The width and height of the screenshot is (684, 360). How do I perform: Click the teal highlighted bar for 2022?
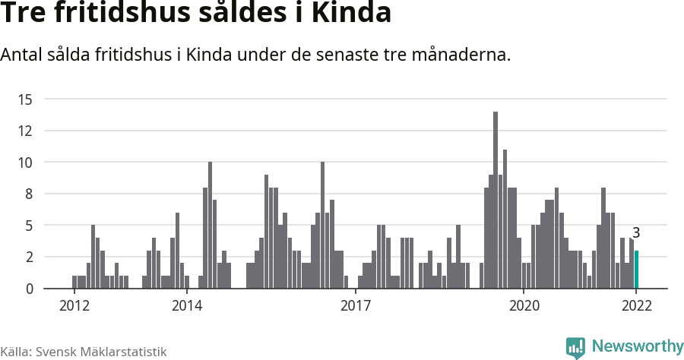pyautogui.click(x=636, y=270)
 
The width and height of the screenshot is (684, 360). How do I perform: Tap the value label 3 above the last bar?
pyautogui.click(x=636, y=233)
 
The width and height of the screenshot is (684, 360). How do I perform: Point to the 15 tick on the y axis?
pyautogui.click(x=25, y=99)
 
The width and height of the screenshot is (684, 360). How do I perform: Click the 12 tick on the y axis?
pyautogui.click(x=25, y=131)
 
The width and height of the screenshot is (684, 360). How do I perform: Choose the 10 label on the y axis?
pyautogui.click(x=25, y=162)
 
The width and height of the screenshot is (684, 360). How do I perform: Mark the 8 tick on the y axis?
pyautogui.click(x=28, y=194)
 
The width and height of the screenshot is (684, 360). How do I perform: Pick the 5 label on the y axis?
pyautogui.click(x=28, y=226)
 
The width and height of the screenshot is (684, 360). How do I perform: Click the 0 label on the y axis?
pyautogui.click(x=28, y=289)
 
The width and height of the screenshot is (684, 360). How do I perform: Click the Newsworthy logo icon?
pyautogui.click(x=576, y=347)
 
